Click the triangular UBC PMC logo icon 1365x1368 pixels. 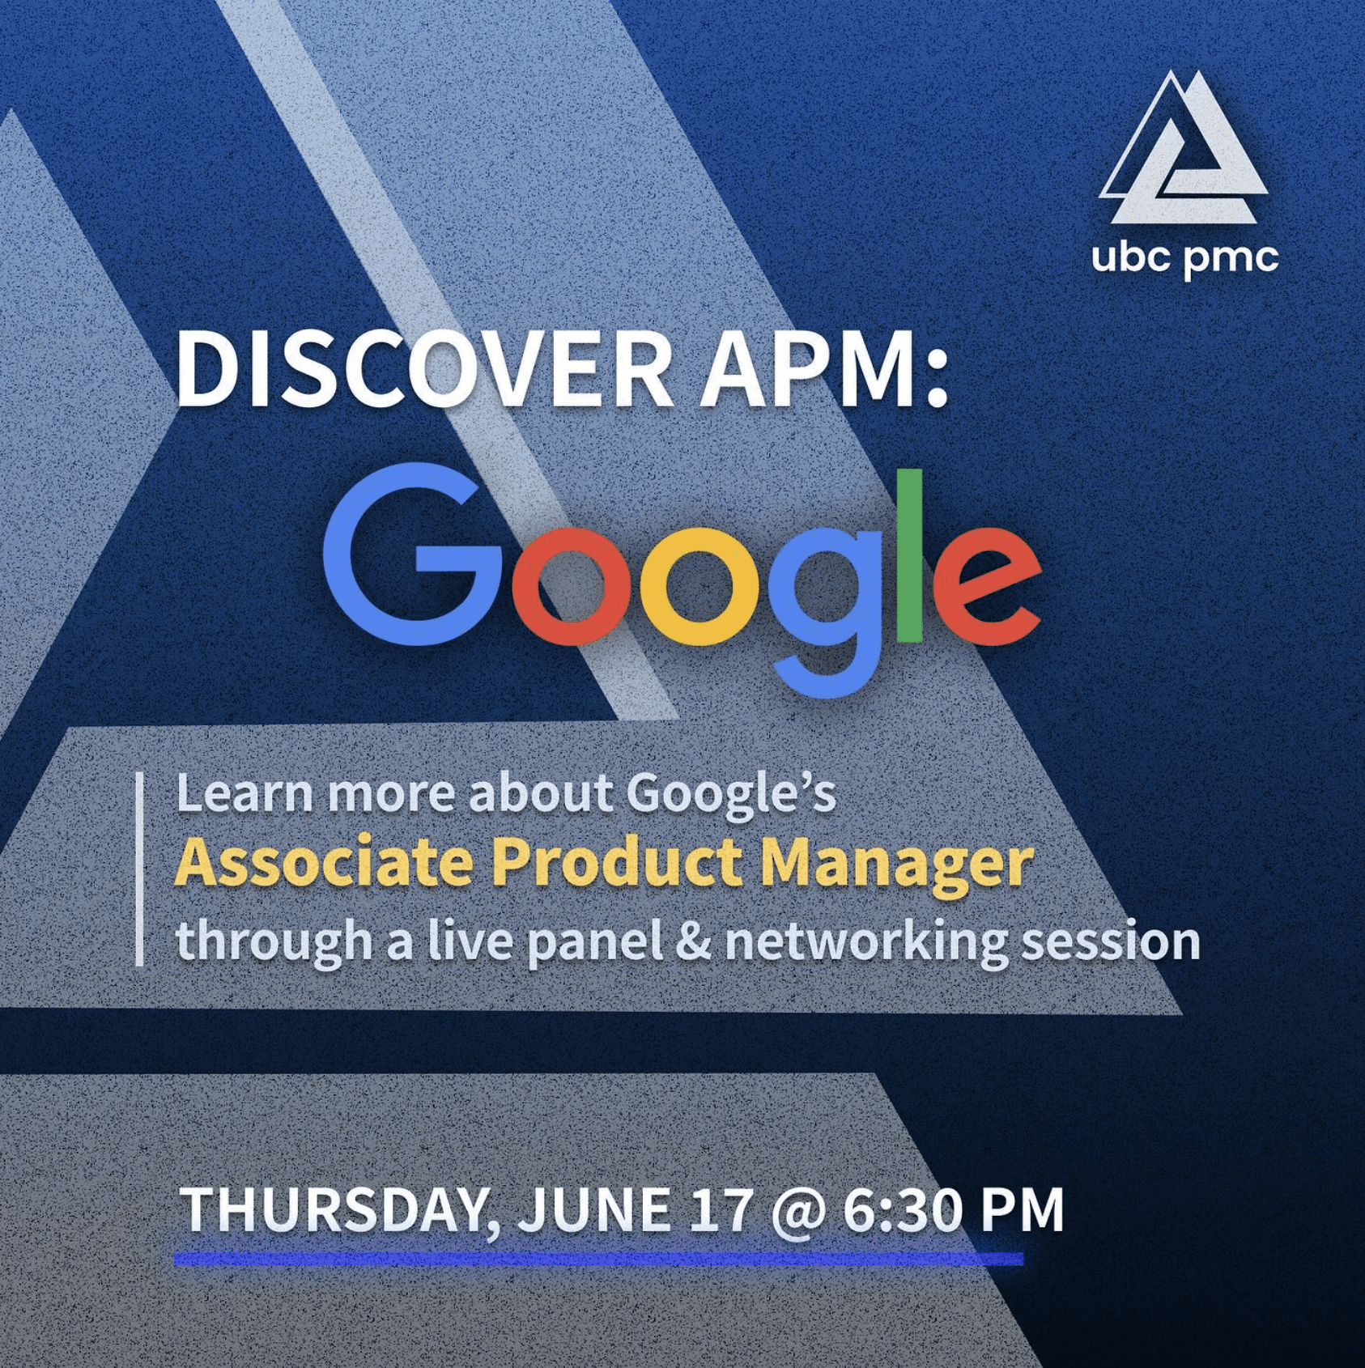point(1183,150)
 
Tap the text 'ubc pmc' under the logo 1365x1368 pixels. point(1184,259)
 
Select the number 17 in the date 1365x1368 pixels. point(721,1209)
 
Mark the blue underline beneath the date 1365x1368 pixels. point(598,1259)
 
